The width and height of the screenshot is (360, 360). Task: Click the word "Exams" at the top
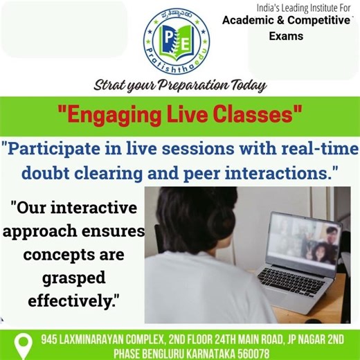(286, 36)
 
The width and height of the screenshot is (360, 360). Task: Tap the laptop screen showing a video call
(305, 239)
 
